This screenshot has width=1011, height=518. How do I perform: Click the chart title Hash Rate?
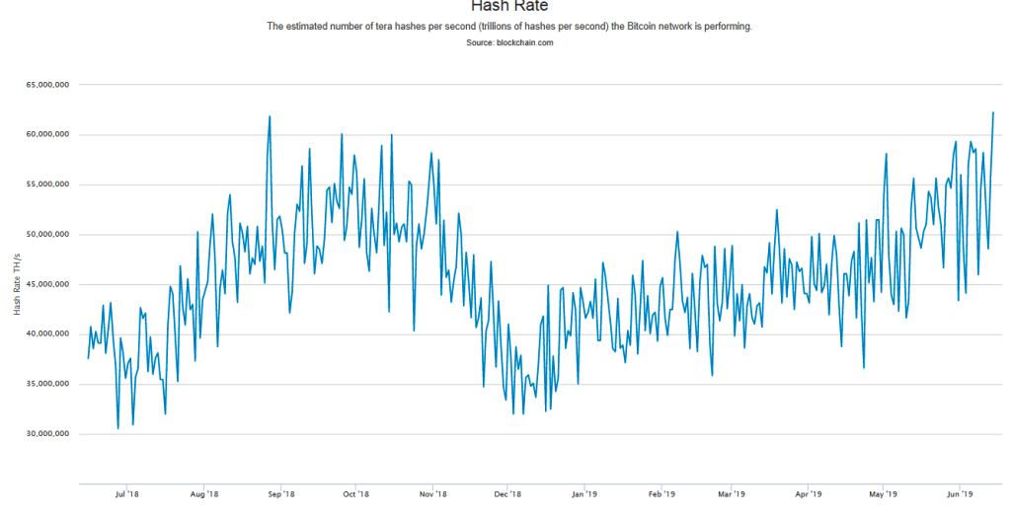[x=509, y=6]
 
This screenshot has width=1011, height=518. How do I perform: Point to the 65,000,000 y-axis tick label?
[x=46, y=85]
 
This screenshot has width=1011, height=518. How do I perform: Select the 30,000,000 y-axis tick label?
[x=46, y=433]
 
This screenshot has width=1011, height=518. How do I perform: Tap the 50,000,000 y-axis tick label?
[x=46, y=235]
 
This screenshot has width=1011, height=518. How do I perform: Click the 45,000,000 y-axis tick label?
[x=46, y=284]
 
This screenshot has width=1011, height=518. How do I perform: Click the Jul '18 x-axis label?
[x=125, y=492]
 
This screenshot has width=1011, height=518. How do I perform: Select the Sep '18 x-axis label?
[x=281, y=492]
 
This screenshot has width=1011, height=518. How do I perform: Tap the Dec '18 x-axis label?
[x=507, y=492]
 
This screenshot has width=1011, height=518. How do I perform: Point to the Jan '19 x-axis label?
[x=584, y=492]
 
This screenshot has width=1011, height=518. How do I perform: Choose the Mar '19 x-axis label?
[x=732, y=492]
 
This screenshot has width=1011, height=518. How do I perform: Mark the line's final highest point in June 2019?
[x=993, y=112]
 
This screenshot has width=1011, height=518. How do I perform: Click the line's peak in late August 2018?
[x=270, y=116]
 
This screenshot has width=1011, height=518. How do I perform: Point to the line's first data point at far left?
[x=88, y=358]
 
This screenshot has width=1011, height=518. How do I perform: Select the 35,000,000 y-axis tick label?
[x=46, y=384]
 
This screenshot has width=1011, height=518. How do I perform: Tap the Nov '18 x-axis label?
[x=432, y=492]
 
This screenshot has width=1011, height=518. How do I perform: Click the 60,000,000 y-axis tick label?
[x=46, y=135]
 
